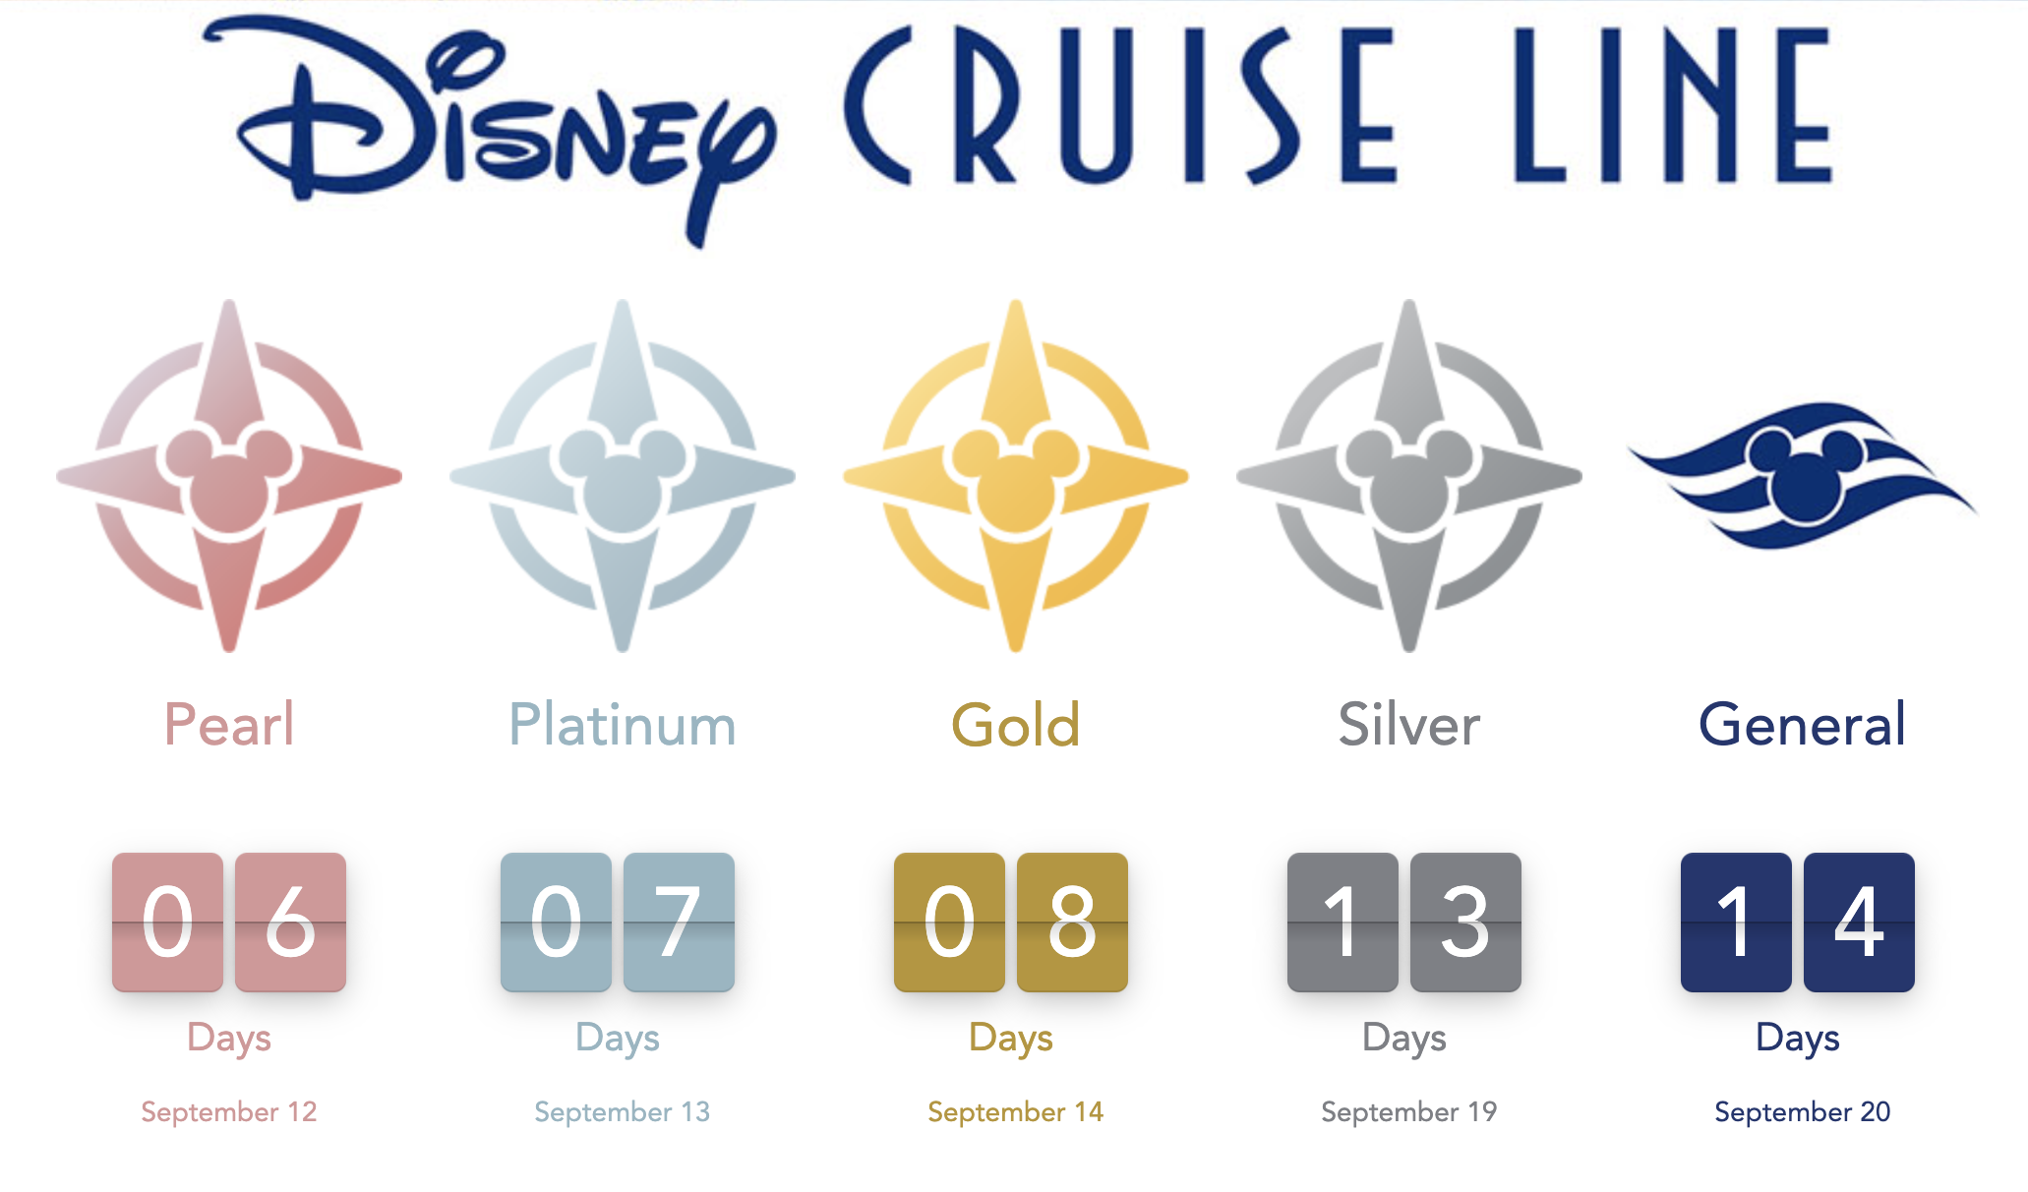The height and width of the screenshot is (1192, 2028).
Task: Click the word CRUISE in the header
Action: pos(1120,105)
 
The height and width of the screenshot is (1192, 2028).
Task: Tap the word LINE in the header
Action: pos(1673,105)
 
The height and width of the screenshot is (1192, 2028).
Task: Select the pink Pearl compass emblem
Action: pos(229,476)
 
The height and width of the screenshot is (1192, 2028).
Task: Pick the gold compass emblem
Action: pos(1016,476)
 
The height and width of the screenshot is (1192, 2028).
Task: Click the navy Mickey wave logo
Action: pos(1802,474)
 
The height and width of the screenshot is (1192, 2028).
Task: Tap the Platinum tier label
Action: pos(623,726)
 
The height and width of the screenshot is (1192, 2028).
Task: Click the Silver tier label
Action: pos(1409,726)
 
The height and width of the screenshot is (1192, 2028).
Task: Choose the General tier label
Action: pos(1803,726)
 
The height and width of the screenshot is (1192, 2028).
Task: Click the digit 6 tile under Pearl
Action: pos(290,923)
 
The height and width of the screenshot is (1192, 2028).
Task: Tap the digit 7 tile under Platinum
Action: pos(679,923)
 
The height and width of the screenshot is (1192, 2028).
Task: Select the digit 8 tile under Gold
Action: pos(1072,923)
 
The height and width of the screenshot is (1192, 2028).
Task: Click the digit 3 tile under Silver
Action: pos(1465,923)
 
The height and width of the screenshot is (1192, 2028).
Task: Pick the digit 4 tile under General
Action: pos(1859,923)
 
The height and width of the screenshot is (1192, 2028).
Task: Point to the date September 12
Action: pos(229,1112)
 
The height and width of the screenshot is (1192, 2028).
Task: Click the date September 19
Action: pos(1409,1112)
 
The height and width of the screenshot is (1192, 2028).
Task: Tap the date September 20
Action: pos(1803,1112)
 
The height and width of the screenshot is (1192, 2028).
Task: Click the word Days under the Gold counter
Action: pos(1011,1039)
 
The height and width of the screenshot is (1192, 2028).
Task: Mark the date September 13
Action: pos(623,1112)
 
